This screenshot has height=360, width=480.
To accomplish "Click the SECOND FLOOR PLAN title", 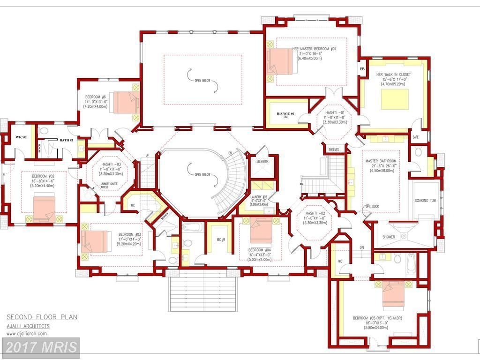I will tap(42, 317).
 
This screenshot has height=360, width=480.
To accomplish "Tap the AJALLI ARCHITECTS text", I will tap(28, 326).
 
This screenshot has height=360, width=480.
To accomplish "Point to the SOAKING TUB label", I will tap(425, 201).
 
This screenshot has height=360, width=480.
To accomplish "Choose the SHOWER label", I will tap(389, 237).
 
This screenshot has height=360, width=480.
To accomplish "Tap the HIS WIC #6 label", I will tap(285, 113).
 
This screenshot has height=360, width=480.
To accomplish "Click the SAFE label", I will tap(415, 137).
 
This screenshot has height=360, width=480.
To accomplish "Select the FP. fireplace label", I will tap(362, 68).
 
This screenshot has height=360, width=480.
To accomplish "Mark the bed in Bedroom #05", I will tap(393, 294).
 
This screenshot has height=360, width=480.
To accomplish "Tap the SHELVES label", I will tap(333, 150).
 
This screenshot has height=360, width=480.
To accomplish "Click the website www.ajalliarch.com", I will tap(26, 334).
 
